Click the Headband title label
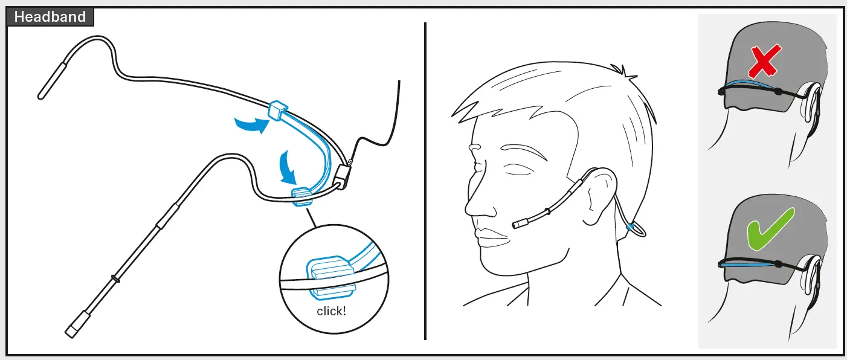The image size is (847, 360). coord(50,17)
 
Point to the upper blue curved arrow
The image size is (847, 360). coord(251,124)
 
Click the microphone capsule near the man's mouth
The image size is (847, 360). coord(519,224)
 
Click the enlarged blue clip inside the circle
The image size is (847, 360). coord(329,275)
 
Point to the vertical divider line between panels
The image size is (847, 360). coord(425,181)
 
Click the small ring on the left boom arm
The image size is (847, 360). coord(114,280)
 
